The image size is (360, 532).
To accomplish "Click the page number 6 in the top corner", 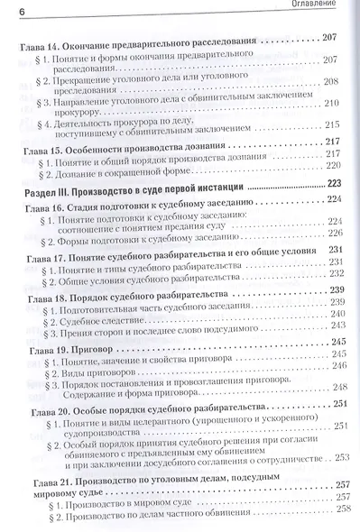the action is click(7, 7).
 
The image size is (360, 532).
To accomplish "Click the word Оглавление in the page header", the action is click(328, 6).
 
